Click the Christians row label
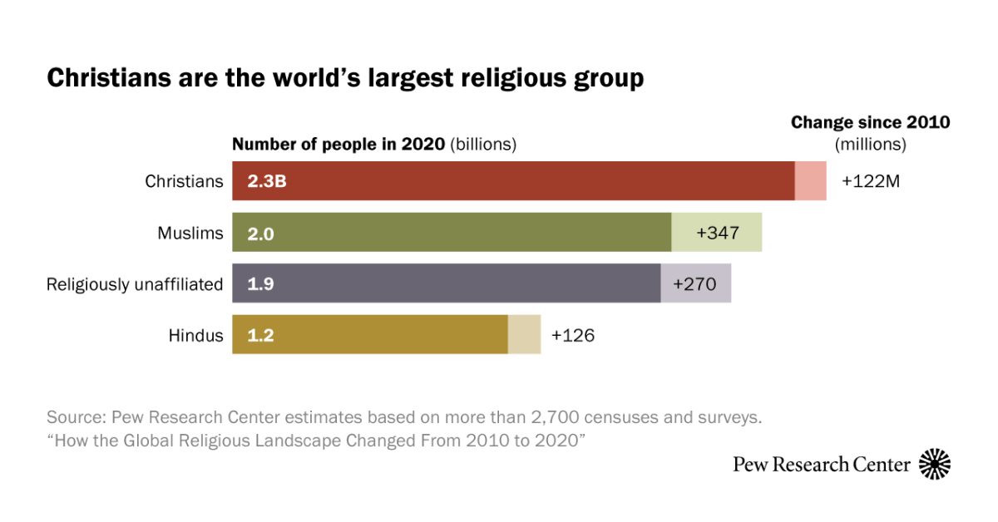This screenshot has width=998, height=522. (x=184, y=181)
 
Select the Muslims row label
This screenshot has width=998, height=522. (x=190, y=233)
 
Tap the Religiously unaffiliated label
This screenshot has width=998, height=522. (x=135, y=284)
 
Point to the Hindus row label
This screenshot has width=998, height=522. (x=195, y=336)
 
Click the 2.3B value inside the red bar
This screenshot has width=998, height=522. (x=267, y=181)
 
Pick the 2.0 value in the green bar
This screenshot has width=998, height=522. (x=260, y=234)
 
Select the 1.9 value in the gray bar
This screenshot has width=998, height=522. (x=260, y=284)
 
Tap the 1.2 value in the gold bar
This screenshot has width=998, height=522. (x=260, y=336)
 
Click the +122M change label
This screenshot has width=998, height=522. (x=871, y=181)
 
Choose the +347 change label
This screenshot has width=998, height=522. (x=717, y=233)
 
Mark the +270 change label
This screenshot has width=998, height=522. (x=694, y=284)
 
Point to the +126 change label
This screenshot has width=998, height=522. (x=573, y=336)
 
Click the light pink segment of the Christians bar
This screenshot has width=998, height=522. (x=810, y=181)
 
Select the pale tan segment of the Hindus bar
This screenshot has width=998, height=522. (x=524, y=335)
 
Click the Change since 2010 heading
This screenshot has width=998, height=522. (x=870, y=123)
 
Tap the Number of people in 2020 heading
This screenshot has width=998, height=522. (x=338, y=144)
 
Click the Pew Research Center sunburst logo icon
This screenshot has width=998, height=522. (x=935, y=464)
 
